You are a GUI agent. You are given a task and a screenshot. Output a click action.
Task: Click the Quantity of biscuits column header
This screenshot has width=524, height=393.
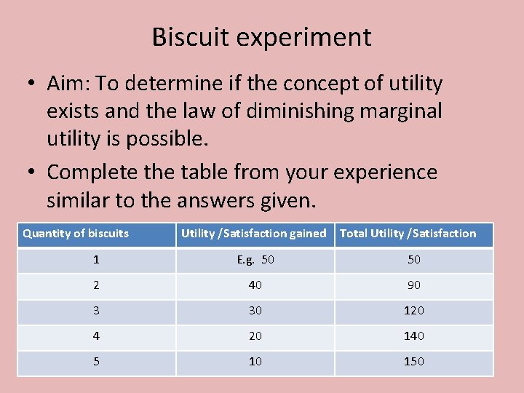point(76,234)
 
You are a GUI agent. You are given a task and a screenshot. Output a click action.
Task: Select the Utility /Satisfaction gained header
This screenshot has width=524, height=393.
point(253,234)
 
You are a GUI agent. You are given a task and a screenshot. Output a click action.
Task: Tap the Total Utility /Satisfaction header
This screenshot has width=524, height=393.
point(408,234)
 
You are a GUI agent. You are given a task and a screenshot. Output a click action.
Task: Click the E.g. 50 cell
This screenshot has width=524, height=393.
point(255,260)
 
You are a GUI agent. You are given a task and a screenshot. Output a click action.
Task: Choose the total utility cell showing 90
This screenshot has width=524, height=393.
point(414,285)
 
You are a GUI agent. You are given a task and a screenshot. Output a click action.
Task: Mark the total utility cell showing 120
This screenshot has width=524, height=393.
point(414,311)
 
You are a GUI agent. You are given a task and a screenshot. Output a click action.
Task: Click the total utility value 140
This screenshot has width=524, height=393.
point(414,336)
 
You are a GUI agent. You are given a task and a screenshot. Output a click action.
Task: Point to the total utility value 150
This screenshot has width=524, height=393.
point(414,362)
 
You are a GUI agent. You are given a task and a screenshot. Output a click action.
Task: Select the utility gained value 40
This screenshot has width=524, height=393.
point(255,285)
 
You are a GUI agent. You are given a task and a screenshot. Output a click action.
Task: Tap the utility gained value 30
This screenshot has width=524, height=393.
point(255,311)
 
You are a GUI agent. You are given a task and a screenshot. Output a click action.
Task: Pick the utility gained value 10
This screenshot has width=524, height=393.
point(255,362)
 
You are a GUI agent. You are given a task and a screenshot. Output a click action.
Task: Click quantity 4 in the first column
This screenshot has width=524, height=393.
point(95,336)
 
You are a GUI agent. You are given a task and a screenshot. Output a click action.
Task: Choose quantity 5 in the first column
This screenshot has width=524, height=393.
point(95,362)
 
